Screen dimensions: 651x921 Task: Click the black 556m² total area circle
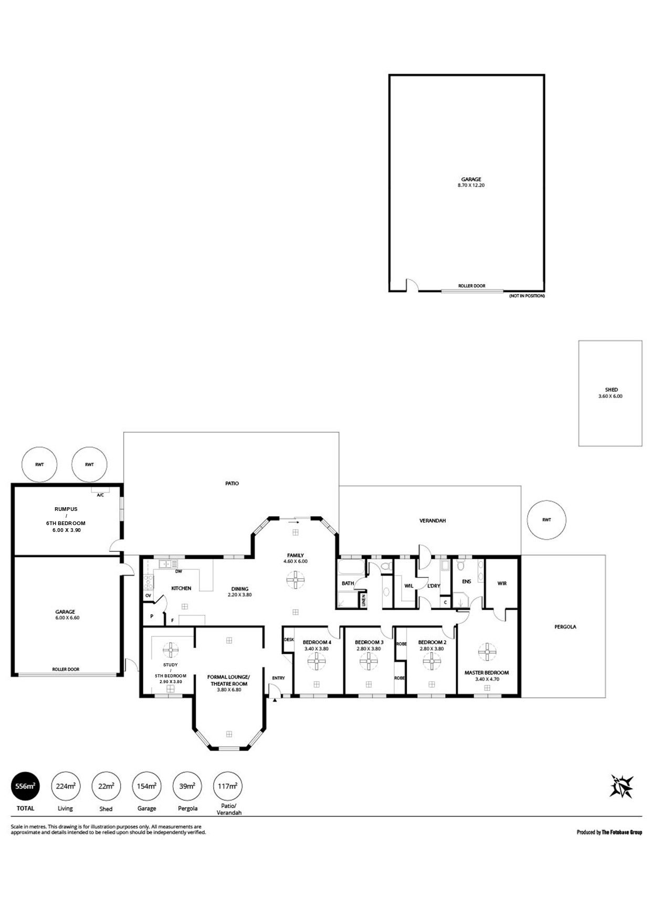click(x=25, y=786)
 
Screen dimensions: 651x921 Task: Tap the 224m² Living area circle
click(x=65, y=786)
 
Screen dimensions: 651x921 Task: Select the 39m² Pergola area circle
click(x=186, y=786)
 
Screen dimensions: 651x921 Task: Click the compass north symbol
click(x=622, y=786)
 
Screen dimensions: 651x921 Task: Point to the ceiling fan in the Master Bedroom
click(x=487, y=652)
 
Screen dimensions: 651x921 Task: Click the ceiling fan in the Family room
click(x=296, y=581)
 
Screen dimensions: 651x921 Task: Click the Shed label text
click(x=611, y=390)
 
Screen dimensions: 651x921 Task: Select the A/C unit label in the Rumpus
click(x=100, y=495)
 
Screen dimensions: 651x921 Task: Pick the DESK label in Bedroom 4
click(x=289, y=640)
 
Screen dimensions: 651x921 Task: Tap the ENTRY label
click(x=278, y=678)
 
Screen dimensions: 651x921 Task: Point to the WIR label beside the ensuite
click(x=502, y=583)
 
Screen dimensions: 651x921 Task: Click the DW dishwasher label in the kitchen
click(x=178, y=571)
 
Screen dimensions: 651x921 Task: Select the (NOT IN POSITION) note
click(x=527, y=296)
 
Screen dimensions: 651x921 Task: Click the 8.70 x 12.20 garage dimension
click(x=471, y=185)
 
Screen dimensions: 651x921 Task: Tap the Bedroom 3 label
click(x=369, y=642)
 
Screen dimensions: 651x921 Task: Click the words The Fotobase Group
click(x=622, y=832)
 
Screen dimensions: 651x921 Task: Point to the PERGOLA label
click(x=565, y=626)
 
